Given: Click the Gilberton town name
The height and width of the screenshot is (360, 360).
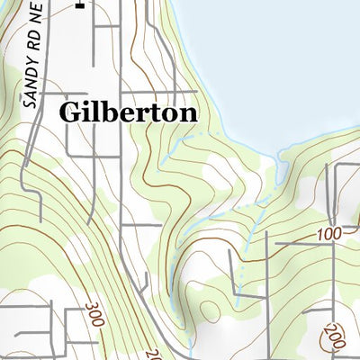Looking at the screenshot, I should pyautogui.click(x=128, y=112).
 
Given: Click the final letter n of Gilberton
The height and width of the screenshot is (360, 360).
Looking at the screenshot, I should pyautogui.click(x=187, y=113).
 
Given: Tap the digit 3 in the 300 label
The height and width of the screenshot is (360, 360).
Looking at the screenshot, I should pyautogui.click(x=90, y=306).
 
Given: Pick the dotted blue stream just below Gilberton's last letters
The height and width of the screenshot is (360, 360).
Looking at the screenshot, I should pyautogui.click(x=180, y=139).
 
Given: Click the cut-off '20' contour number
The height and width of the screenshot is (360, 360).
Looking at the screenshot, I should pyautogui.click(x=151, y=354).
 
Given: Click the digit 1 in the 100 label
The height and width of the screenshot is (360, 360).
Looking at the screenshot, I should pyautogui.click(x=322, y=236).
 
